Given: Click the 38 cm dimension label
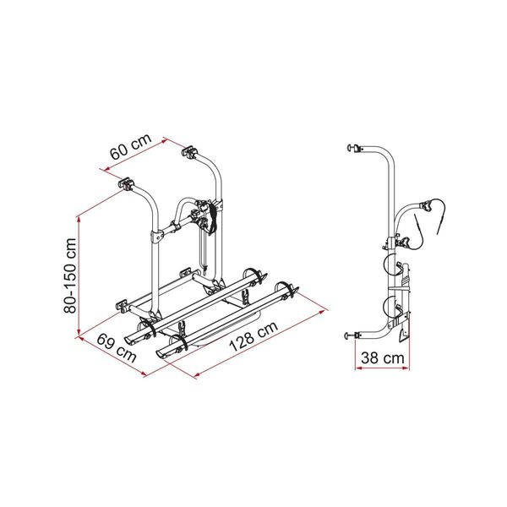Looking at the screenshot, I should point(377,358).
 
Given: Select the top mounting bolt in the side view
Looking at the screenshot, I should point(349,150).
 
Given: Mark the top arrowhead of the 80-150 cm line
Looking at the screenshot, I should point(79,215).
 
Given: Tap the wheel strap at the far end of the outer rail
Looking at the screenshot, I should point(292,290).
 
